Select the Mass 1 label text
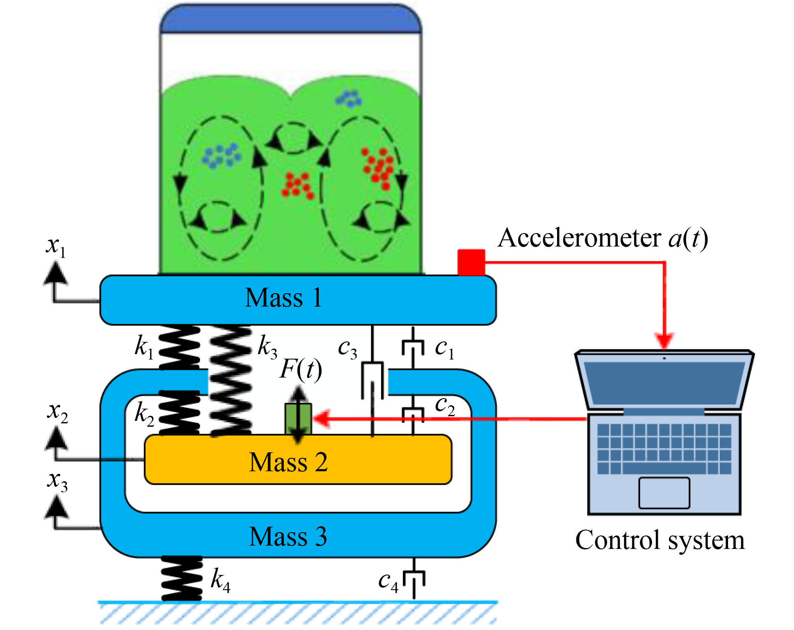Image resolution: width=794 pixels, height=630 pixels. click(x=284, y=298)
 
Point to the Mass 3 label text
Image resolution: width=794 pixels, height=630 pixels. click(x=288, y=536)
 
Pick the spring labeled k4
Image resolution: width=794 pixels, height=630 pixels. click(x=182, y=579)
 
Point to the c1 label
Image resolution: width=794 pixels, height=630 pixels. click(x=444, y=349)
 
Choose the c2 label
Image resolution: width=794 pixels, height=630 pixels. click(x=444, y=406)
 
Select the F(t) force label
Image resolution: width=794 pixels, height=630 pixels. click(x=301, y=370)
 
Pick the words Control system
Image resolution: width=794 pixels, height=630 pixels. click(x=660, y=541)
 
